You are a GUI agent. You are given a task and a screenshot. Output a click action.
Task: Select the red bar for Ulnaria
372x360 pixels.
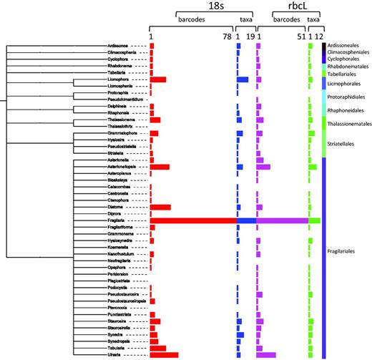(x=164, y=355)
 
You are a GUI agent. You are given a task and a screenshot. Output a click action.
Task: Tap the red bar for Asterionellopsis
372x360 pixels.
(x=160, y=167)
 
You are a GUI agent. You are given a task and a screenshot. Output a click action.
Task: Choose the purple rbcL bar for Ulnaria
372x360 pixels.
(x=266, y=355)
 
